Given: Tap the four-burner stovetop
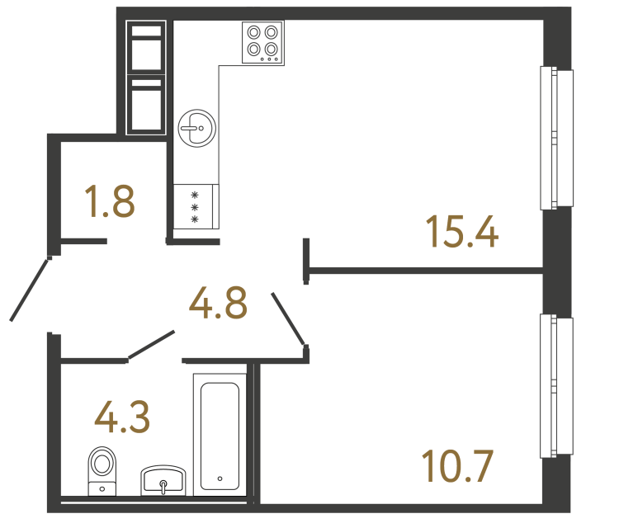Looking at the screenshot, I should pyautogui.click(x=262, y=42).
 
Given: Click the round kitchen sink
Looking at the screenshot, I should pyautogui.click(x=197, y=127).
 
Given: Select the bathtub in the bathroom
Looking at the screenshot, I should pyautogui.click(x=220, y=433).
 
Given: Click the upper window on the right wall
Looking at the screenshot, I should pyautogui.click(x=555, y=138).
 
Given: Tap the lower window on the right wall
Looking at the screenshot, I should pyautogui.click(x=555, y=386).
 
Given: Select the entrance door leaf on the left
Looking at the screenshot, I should pyautogui.click(x=31, y=289).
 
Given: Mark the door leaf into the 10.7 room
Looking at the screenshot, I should pyautogui.click(x=289, y=318).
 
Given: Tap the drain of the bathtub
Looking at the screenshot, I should pyautogui.click(x=220, y=478).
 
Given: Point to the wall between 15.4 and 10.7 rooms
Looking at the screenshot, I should pyautogui.click(x=425, y=269).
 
